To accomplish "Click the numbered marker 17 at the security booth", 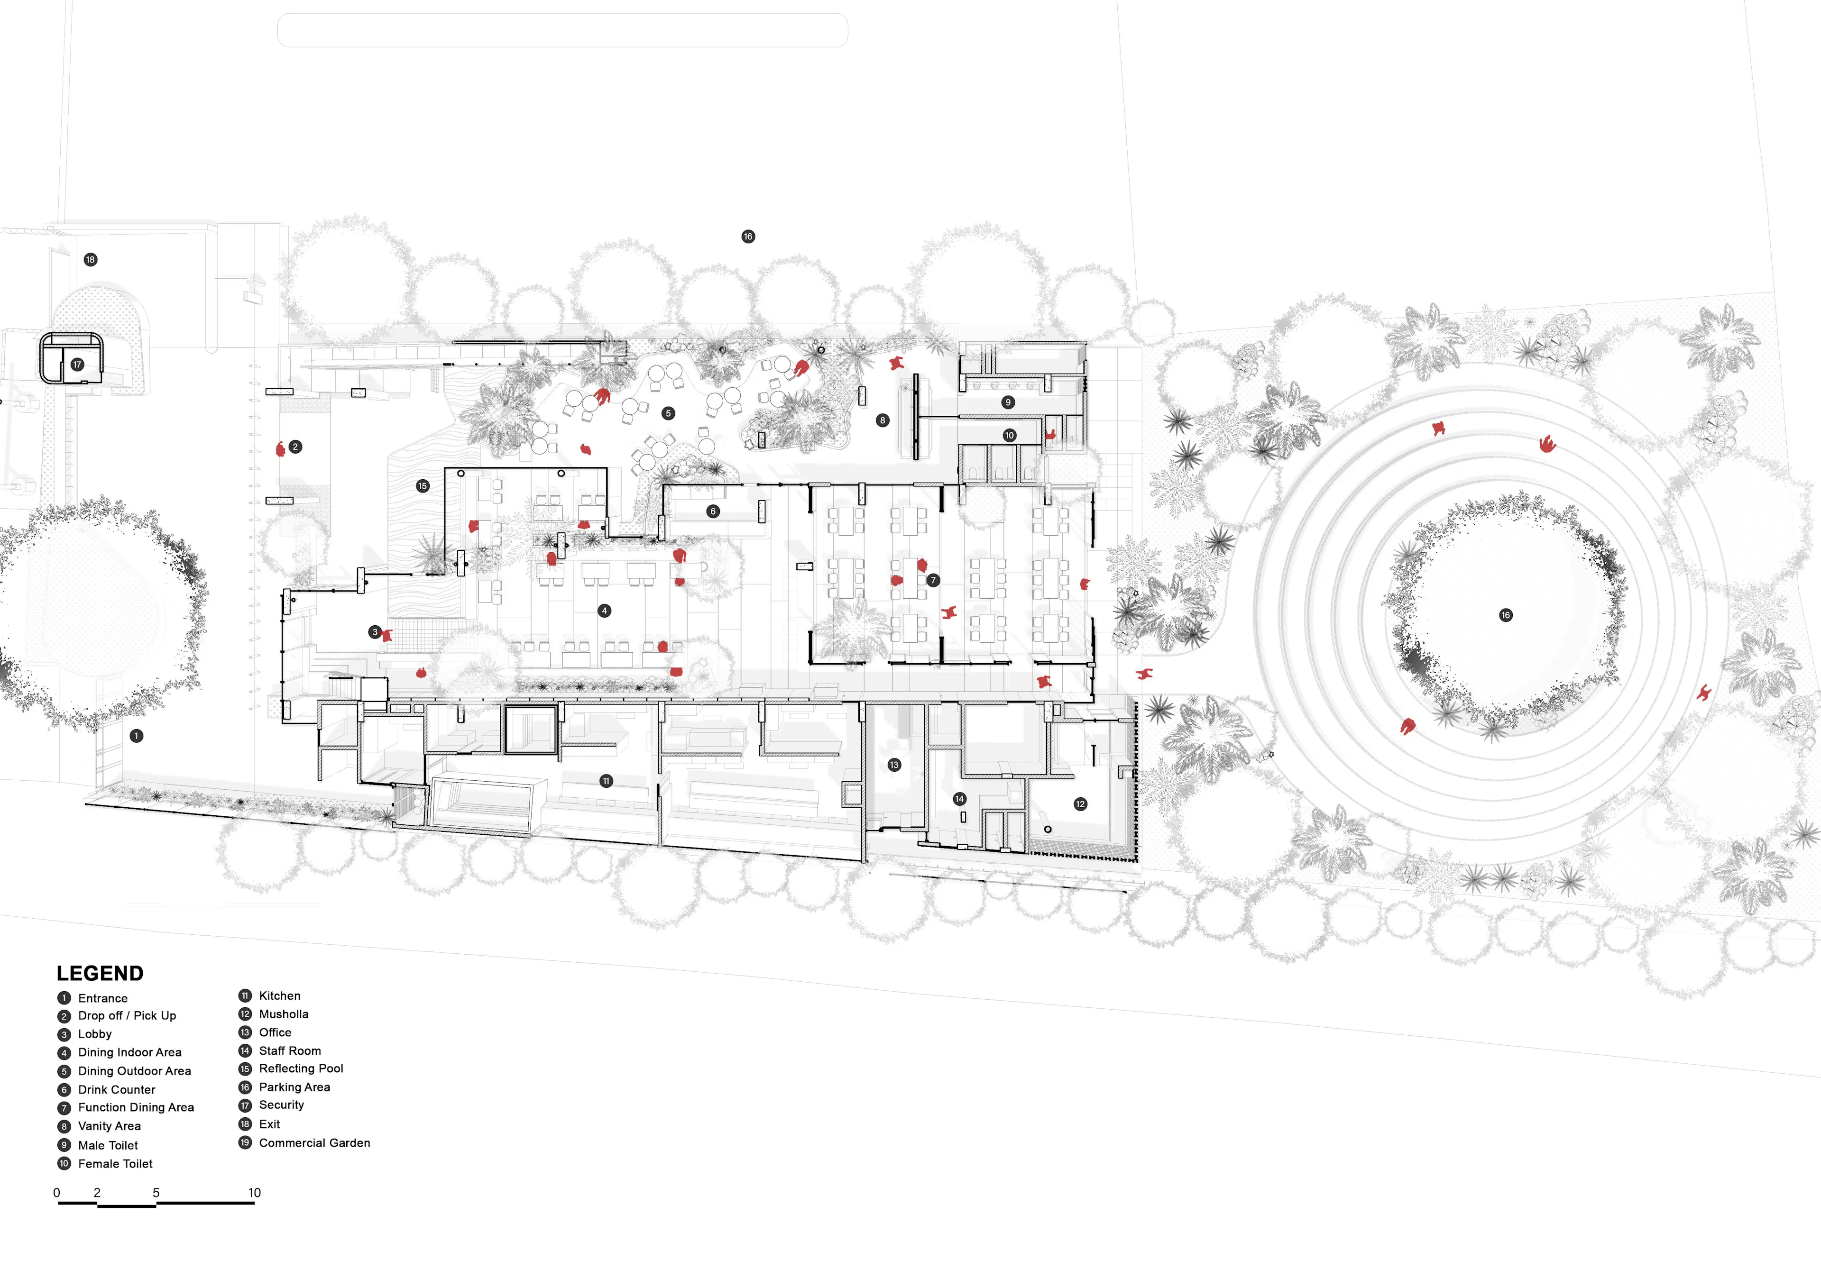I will [77, 365].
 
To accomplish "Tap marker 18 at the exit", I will [91, 259].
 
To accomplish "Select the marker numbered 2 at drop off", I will [295, 447].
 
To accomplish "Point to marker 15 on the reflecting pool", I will [423, 486].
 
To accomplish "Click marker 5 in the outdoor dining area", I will [669, 413].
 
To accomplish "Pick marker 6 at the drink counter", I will [713, 511].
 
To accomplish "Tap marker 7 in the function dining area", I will [934, 581].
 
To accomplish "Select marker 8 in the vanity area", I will [883, 420].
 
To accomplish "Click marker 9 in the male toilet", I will [1008, 402].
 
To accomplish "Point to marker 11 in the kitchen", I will [606, 781].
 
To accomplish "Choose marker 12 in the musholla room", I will [1080, 804].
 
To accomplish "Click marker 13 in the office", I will [895, 765].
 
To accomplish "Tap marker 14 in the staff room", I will [960, 799].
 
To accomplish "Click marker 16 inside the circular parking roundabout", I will [1505, 615].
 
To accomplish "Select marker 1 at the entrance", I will [137, 736].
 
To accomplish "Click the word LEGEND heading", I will [100, 974].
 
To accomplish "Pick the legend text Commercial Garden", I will [314, 1143].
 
